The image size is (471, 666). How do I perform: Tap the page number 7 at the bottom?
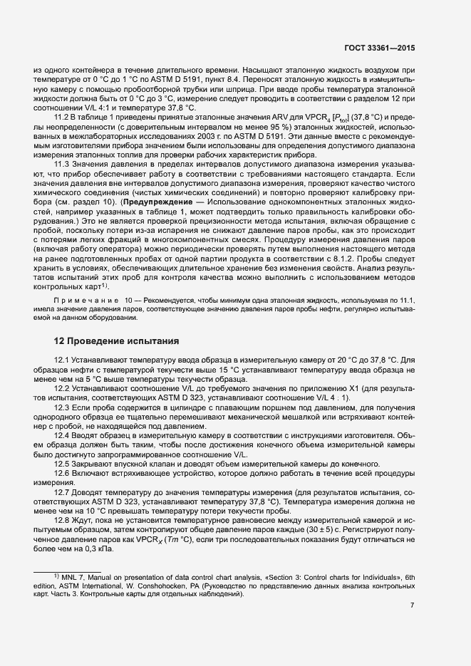[x=411, y=605]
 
